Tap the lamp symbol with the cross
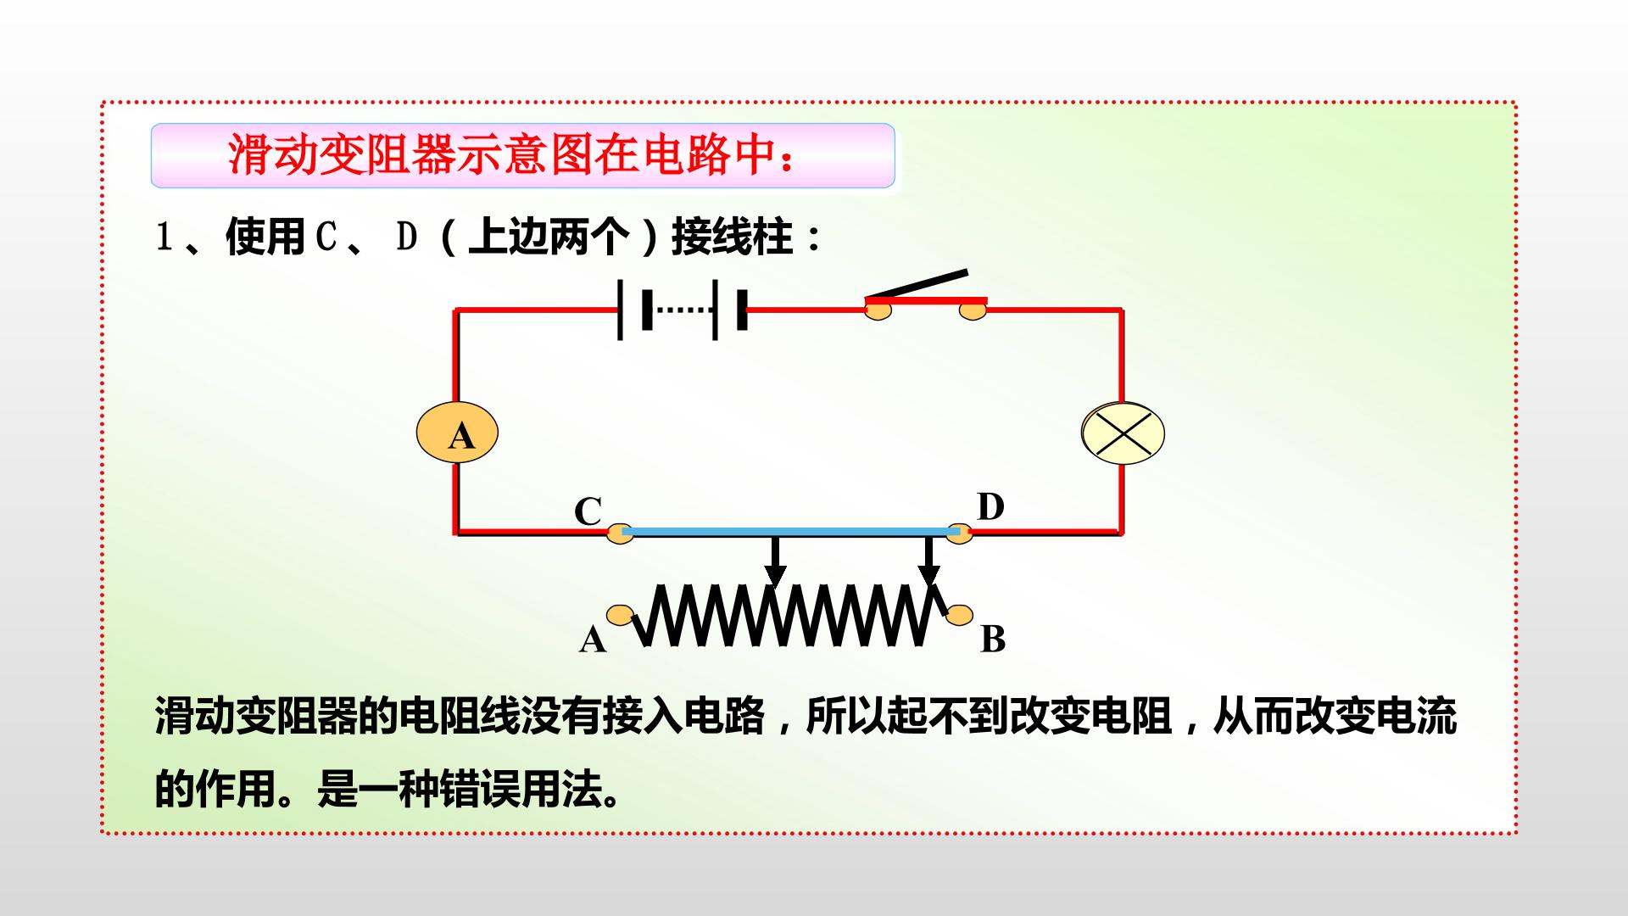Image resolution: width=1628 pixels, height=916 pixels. pyautogui.click(x=1123, y=433)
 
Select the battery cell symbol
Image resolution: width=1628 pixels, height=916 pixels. pyautogui.click(x=683, y=310)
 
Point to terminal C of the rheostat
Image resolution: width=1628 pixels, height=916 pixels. pyautogui.click(x=620, y=533)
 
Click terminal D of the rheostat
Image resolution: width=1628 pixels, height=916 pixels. pyautogui.click(x=959, y=533)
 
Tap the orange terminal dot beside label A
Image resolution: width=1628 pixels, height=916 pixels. pyautogui.click(x=620, y=614)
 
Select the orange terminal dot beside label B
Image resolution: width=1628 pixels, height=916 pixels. pyautogui.click(x=961, y=615)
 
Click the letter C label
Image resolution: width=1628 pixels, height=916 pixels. pyautogui.click(x=588, y=511)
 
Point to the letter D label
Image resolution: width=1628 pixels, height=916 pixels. pyautogui.click(x=990, y=506)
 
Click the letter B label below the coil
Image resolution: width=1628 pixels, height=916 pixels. pyautogui.click(x=993, y=639)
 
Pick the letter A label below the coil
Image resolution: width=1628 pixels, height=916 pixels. pyautogui.click(x=593, y=640)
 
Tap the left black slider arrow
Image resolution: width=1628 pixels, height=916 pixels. pyautogui.click(x=774, y=561)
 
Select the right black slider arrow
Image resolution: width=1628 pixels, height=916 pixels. pyautogui.click(x=928, y=561)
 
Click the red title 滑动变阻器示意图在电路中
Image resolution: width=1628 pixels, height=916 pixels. pyautogui.click(x=512, y=154)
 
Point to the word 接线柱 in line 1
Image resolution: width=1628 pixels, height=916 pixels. pyautogui.click(x=733, y=237)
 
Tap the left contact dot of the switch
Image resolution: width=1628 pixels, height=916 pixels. pyautogui.click(x=878, y=310)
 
